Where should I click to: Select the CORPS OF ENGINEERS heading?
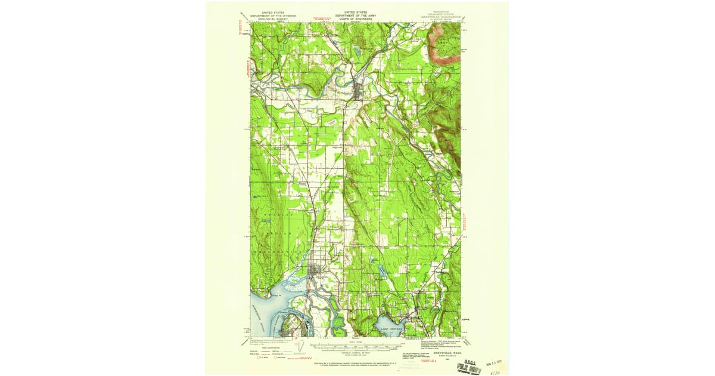pos(355,18)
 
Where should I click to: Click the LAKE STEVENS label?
pos(391,328)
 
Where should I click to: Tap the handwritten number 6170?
pos(493,371)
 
